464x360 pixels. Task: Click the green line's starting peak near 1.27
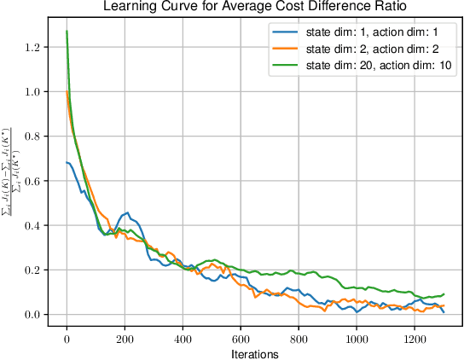pos(67,32)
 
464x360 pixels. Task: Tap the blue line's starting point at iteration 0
pos(67,162)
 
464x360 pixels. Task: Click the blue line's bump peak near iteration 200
pos(126,212)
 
